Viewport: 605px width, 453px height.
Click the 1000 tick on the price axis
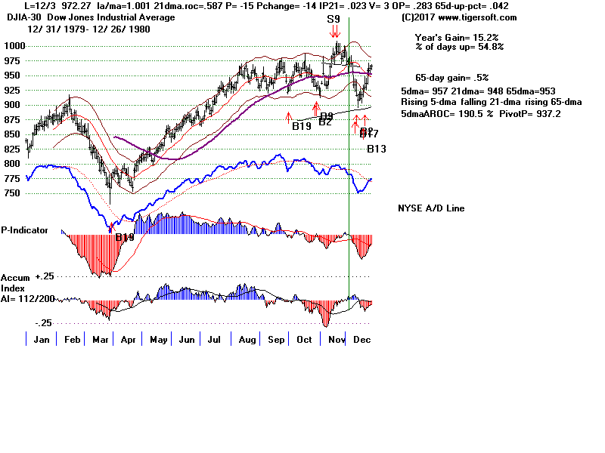(12, 45)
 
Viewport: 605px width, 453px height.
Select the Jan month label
(42, 340)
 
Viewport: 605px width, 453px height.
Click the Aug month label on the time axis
(247, 340)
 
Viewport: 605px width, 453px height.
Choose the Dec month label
(361, 340)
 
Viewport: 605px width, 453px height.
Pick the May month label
(159, 340)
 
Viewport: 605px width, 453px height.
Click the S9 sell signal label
(334, 18)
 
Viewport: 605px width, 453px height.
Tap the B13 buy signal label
(377, 149)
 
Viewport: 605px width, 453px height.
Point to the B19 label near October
(302, 125)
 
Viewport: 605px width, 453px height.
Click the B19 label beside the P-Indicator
(125, 237)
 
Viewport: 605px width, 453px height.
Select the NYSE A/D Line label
(431, 208)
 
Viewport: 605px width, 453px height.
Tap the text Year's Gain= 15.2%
(456, 37)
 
